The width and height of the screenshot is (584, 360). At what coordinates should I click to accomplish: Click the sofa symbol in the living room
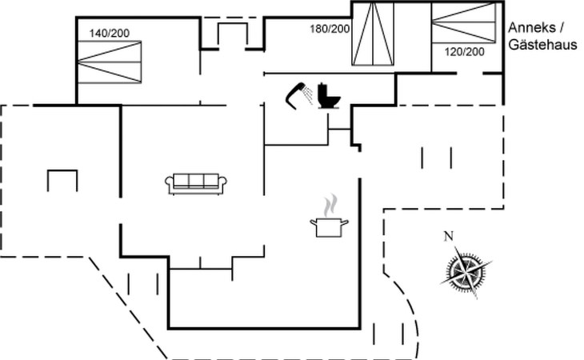coord(196,182)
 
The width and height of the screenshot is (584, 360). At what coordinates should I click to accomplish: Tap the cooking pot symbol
coord(329,226)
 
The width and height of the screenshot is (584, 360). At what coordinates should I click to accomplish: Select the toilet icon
coord(328,96)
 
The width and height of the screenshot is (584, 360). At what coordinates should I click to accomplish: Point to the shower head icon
coord(299,94)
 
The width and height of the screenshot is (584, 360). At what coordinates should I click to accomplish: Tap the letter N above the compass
coord(449,235)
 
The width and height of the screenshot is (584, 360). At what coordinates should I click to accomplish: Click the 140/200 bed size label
coord(109,34)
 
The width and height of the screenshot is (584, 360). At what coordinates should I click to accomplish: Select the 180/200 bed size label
coord(330,29)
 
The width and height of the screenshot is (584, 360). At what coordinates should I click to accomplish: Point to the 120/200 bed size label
coord(464,52)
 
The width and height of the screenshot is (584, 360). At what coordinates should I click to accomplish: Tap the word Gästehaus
coord(542,46)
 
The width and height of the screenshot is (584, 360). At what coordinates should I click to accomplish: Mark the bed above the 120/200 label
coord(464,22)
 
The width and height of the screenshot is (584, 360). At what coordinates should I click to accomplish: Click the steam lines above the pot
coord(328,206)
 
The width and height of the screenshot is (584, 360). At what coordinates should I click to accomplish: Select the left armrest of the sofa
coord(170,185)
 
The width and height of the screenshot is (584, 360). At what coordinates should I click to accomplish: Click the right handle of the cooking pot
coord(347,222)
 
